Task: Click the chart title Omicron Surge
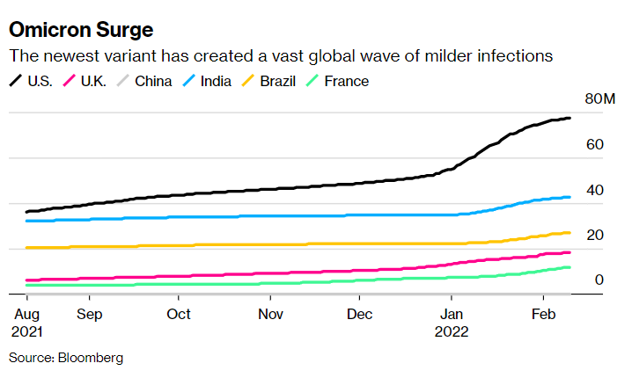tap(81, 29)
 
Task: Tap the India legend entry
tap(216, 81)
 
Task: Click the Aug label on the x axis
tap(30, 313)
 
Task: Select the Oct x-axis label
tap(179, 313)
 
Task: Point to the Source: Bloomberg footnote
tap(66, 358)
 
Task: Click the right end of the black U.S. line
tap(570, 118)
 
